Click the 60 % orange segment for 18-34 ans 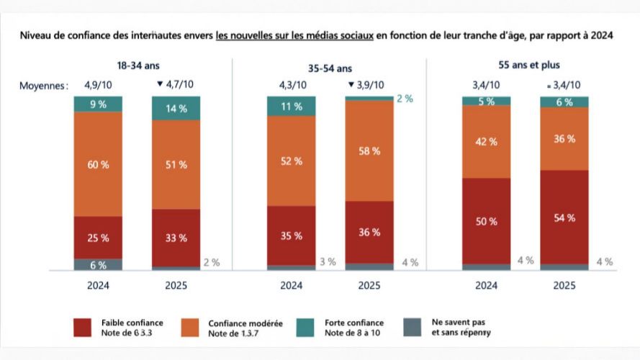98,165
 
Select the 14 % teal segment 176,108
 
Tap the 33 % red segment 176,238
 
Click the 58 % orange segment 369,150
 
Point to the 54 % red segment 564,217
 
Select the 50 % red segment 486,221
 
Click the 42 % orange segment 486,142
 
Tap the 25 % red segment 98,237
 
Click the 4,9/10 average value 98,84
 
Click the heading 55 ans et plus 525,65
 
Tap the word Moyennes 44,85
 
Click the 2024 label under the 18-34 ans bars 98,285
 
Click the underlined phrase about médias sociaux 294,35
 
